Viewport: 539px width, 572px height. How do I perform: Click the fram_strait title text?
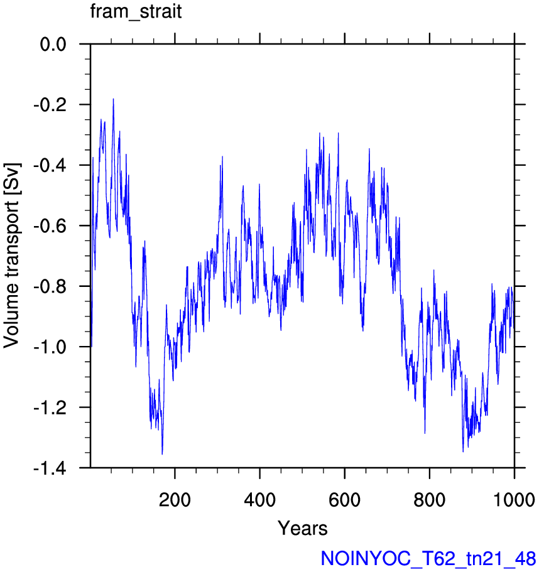(x=136, y=12)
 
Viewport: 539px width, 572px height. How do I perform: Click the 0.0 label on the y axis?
(x=53, y=45)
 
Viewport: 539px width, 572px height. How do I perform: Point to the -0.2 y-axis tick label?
(x=50, y=105)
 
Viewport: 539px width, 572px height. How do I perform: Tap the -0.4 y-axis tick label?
(x=50, y=166)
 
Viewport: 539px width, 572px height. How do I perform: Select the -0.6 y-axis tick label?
(x=50, y=226)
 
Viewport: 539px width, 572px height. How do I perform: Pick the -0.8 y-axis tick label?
(x=50, y=287)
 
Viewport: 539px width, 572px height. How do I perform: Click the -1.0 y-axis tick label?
(x=50, y=347)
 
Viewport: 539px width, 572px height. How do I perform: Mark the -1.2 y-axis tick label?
(x=50, y=407)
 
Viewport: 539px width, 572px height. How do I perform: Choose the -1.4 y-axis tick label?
(x=50, y=468)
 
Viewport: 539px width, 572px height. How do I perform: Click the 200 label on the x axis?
(x=175, y=499)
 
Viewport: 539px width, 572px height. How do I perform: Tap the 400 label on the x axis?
(x=260, y=499)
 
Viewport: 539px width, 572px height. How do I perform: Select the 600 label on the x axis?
(x=344, y=499)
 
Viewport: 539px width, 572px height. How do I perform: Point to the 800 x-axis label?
(x=430, y=499)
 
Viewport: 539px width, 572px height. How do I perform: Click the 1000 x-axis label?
(x=514, y=499)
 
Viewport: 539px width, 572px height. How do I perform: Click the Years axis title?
(x=303, y=528)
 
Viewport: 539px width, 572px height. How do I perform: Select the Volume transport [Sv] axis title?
(x=12, y=256)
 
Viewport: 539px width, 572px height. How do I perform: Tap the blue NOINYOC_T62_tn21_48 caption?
(x=428, y=558)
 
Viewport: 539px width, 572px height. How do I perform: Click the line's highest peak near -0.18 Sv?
(x=114, y=99)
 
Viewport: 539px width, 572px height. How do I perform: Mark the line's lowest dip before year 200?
(x=162, y=454)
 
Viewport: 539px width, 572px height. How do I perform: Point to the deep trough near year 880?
(x=463, y=451)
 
